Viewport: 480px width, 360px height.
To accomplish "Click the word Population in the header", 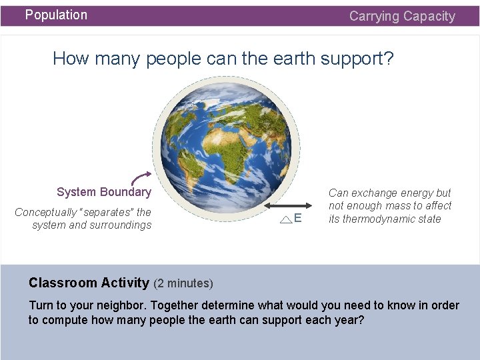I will pos(56,15).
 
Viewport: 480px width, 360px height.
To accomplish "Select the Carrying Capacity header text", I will pos(402,16).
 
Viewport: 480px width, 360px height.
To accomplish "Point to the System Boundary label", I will pos(104,192).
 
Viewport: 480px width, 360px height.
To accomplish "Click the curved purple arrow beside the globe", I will pos(140,177).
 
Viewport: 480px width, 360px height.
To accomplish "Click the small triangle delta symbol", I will pos(285,219).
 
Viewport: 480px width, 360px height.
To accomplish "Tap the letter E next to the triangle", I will pos(297,219).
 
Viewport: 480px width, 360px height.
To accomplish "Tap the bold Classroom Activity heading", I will pos(89,283).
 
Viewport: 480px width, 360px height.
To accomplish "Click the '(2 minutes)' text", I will pos(183,283).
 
